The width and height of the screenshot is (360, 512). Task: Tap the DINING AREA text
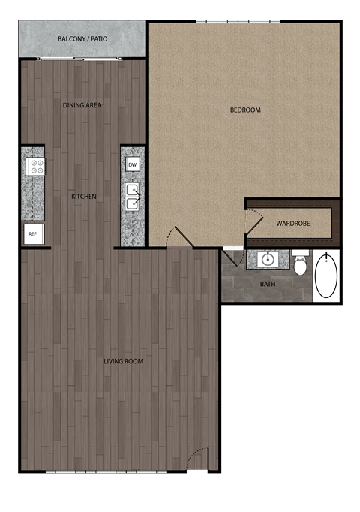pos(82,105)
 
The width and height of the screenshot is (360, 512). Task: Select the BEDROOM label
pos(244,110)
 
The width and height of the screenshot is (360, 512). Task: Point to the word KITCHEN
pos(83,197)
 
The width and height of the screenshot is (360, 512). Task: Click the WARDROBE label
pos(289,224)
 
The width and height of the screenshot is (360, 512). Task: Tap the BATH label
pos(267,284)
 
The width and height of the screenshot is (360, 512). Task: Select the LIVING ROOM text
pos(123,362)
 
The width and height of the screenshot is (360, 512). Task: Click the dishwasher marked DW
pos(132,164)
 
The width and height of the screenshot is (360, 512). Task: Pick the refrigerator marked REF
pos(32,234)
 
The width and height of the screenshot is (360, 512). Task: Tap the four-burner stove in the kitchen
pos(34,167)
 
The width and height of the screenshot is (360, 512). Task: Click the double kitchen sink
pos(132,197)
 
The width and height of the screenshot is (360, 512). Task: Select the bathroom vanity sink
pos(268,261)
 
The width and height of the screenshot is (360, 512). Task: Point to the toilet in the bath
pos(300,264)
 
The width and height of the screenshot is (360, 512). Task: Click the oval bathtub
pos(326,276)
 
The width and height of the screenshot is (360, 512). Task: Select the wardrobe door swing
pos(253,219)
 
